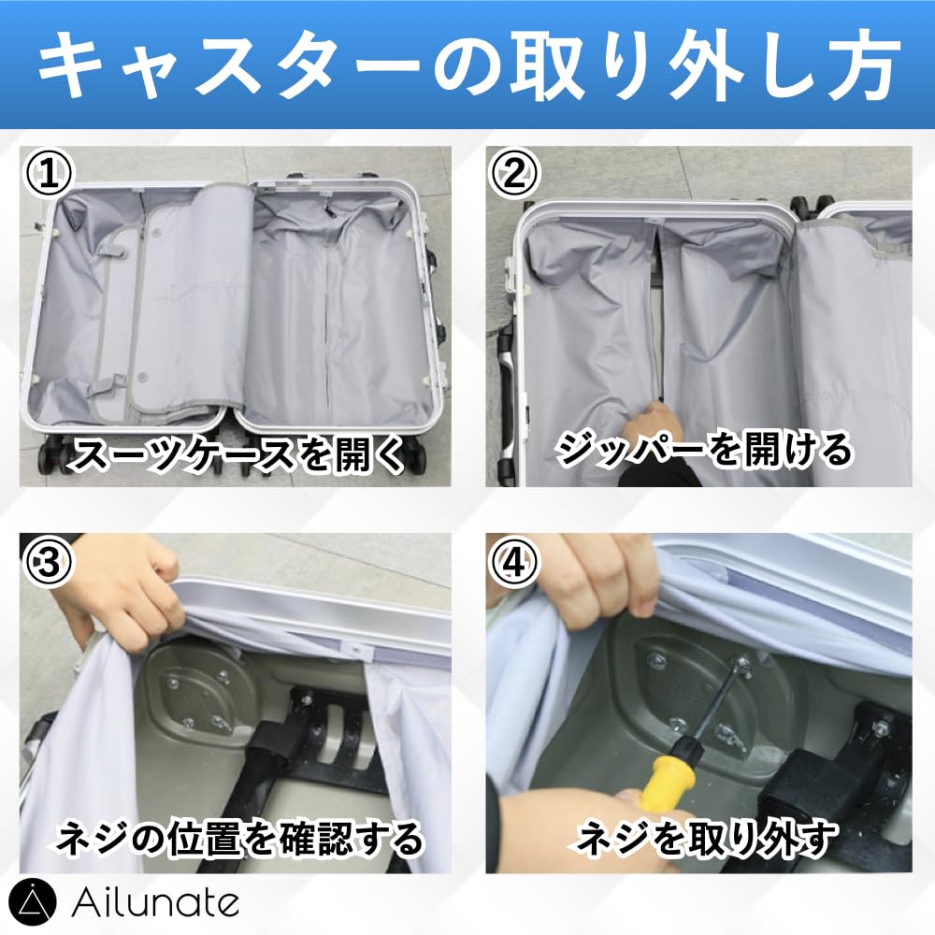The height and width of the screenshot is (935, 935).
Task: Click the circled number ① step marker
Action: pos(49,172)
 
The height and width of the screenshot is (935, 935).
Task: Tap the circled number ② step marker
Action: pos(514,172)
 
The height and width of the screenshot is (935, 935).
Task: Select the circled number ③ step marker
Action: pos(49,561)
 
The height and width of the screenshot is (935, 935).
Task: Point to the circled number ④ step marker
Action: pos(514,561)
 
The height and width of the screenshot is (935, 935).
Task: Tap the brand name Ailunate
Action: pos(155,903)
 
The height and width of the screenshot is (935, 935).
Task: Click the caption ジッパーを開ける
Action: pos(704,450)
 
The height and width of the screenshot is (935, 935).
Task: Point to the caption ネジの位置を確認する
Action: pos(238,838)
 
